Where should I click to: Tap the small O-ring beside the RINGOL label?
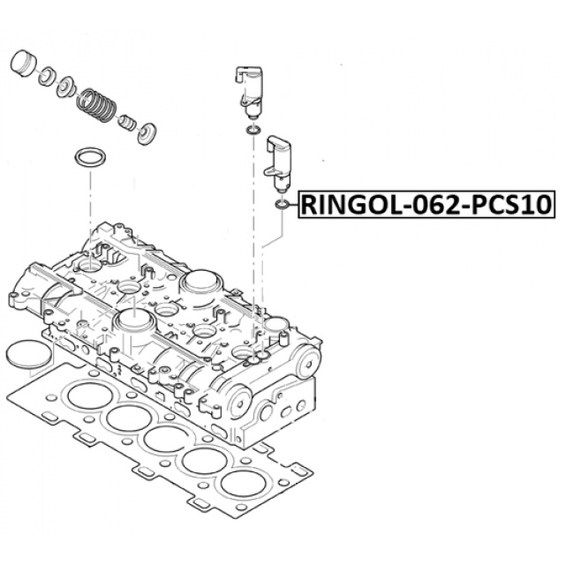[x=282, y=205]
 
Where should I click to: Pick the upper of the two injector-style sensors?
[x=248, y=92]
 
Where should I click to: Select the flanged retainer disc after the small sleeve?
[x=147, y=132]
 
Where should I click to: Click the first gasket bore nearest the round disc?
[x=89, y=395]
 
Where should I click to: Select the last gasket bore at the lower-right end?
[x=243, y=483]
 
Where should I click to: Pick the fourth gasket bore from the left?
[x=205, y=461]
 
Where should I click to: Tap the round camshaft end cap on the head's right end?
[x=306, y=362]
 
